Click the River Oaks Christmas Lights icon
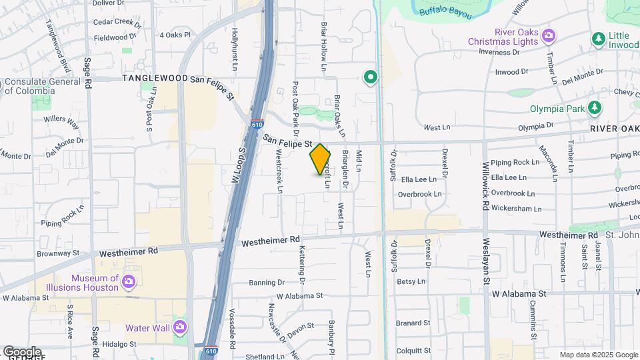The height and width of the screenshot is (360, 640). click(x=549, y=35)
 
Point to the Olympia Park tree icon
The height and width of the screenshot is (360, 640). click(x=594, y=108)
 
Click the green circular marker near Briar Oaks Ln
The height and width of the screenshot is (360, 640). click(x=371, y=78)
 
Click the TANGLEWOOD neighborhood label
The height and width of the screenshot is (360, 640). click(x=155, y=78)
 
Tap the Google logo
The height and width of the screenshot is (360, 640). click(x=22, y=352)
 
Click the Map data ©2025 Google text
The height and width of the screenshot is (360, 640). click(x=598, y=355)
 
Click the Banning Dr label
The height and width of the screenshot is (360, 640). click(x=267, y=283)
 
